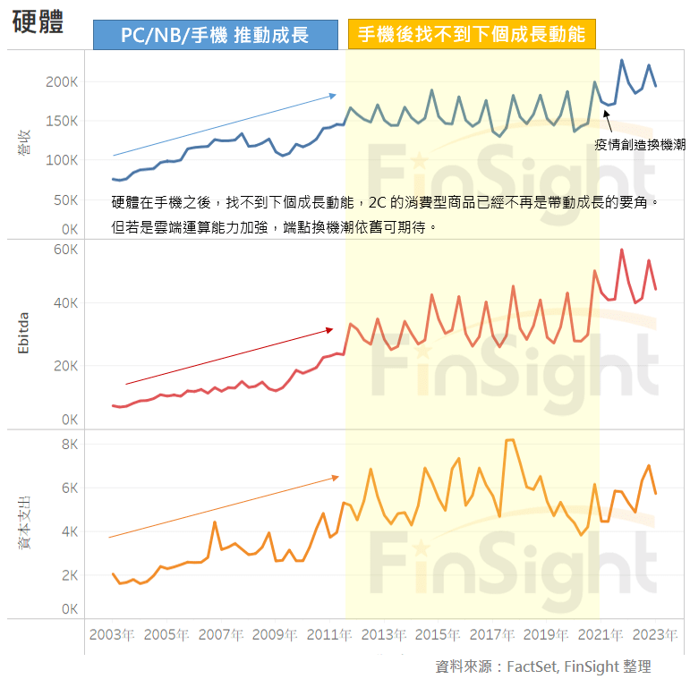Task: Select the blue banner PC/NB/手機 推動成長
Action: coord(215,35)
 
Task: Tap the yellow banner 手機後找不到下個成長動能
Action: coord(472,35)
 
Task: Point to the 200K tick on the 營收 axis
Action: coord(63,81)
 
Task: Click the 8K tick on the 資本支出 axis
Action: coord(70,445)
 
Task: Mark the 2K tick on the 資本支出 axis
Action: coord(70,575)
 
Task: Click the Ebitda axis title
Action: coord(24,334)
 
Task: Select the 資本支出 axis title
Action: coord(24,519)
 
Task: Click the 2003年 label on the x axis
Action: coord(111,634)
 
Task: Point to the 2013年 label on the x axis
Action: coord(383,634)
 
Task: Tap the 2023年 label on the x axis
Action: coord(655,634)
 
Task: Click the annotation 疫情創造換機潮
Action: coord(639,144)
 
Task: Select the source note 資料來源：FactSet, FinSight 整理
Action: coord(542,666)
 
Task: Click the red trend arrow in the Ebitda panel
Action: coord(228,357)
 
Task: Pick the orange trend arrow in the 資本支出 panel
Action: coord(224,507)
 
